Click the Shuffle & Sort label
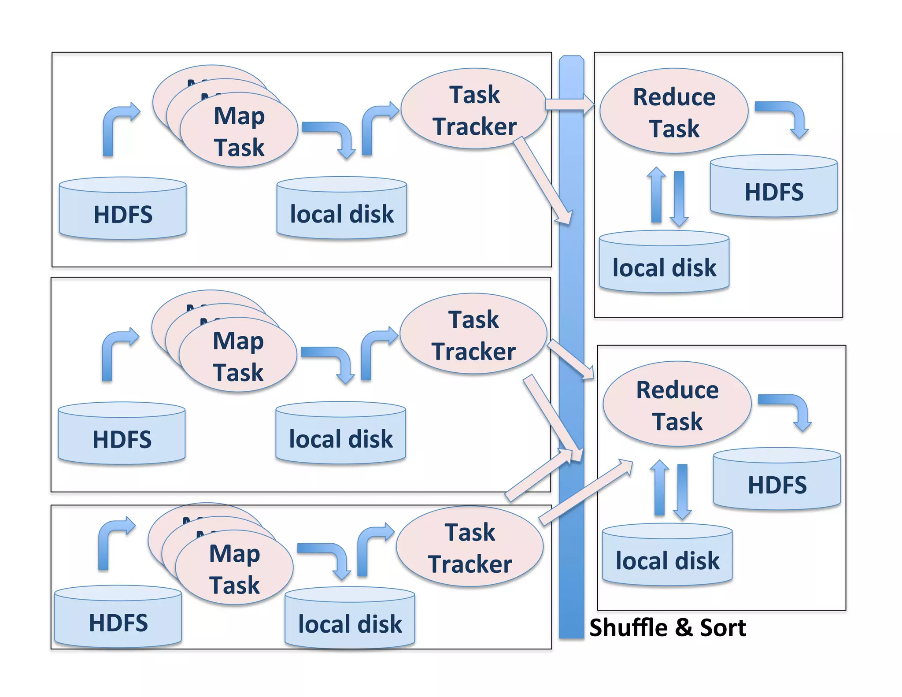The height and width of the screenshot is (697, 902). coord(667,627)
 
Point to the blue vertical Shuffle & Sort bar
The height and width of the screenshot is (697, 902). coord(571,308)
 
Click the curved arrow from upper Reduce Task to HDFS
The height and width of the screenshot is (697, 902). coord(788,115)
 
